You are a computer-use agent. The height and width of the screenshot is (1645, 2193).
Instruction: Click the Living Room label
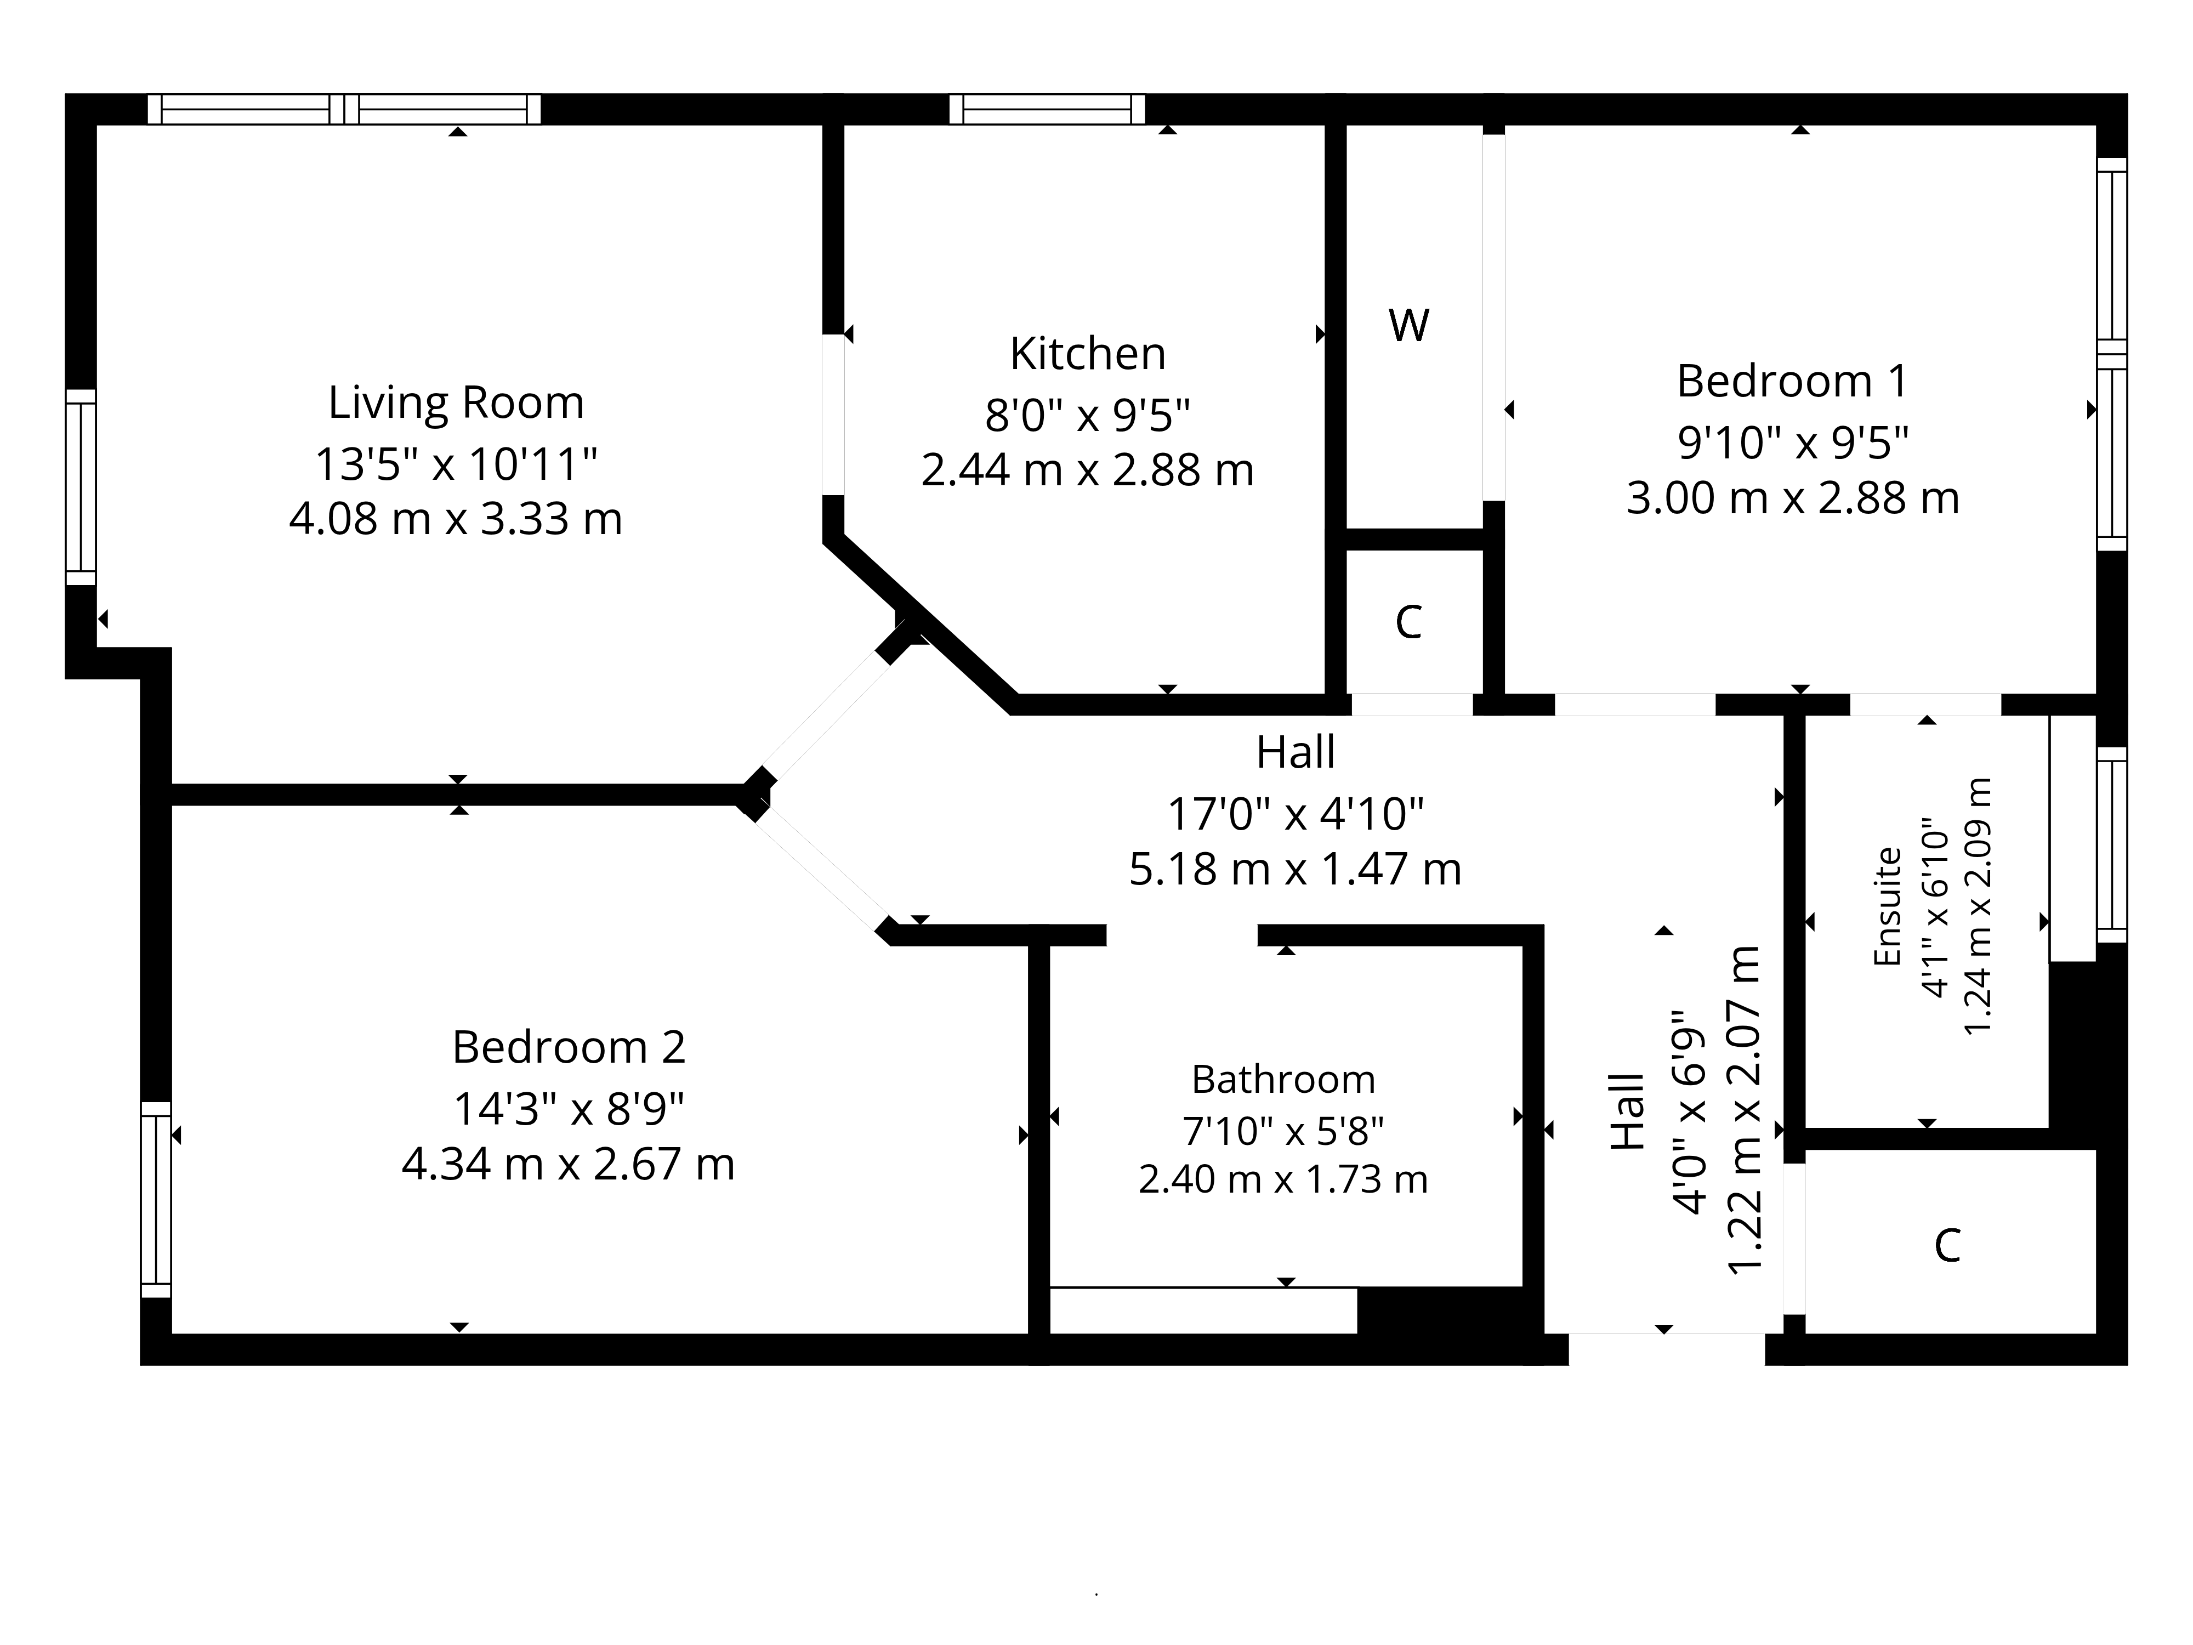click(456, 402)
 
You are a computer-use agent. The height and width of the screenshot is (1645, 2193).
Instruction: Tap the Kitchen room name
click(1088, 354)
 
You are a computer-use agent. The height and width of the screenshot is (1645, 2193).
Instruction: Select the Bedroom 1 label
click(1792, 382)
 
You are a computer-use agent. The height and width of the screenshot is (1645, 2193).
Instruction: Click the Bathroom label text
click(1283, 1079)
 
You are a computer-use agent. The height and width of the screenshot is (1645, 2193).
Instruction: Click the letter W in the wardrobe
click(1409, 325)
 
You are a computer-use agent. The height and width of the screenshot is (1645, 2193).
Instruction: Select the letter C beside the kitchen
click(1409, 623)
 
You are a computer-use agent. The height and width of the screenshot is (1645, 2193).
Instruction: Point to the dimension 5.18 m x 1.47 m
click(1296, 870)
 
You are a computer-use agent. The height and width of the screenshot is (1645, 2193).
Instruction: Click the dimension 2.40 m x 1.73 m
click(1283, 1179)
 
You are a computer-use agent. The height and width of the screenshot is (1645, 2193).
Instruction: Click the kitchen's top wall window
click(1047, 109)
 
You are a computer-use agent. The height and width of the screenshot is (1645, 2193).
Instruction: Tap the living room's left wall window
click(80, 487)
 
